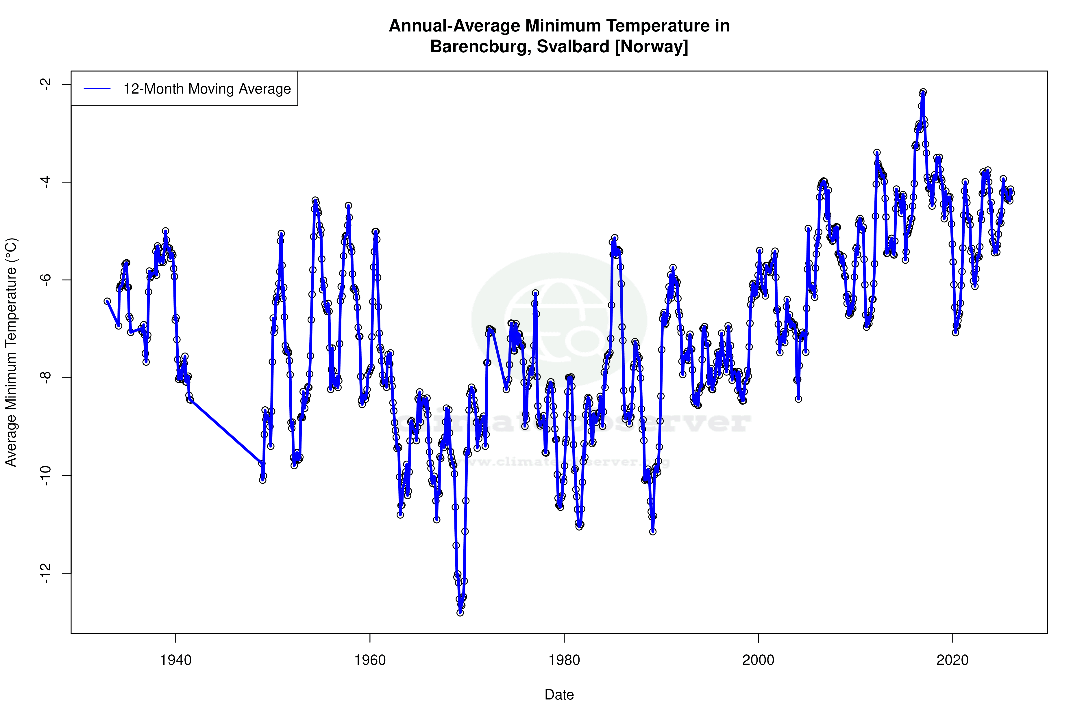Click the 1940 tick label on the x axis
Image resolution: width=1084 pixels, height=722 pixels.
(x=175, y=660)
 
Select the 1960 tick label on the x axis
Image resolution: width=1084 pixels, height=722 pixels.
(x=370, y=660)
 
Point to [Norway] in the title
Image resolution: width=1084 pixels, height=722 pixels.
(x=651, y=46)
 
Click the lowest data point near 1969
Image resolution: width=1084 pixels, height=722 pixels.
(x=460, y=613)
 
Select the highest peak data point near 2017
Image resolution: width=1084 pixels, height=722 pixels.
(x=923, y=92)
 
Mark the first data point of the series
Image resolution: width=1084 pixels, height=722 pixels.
(x=107, y=301)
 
